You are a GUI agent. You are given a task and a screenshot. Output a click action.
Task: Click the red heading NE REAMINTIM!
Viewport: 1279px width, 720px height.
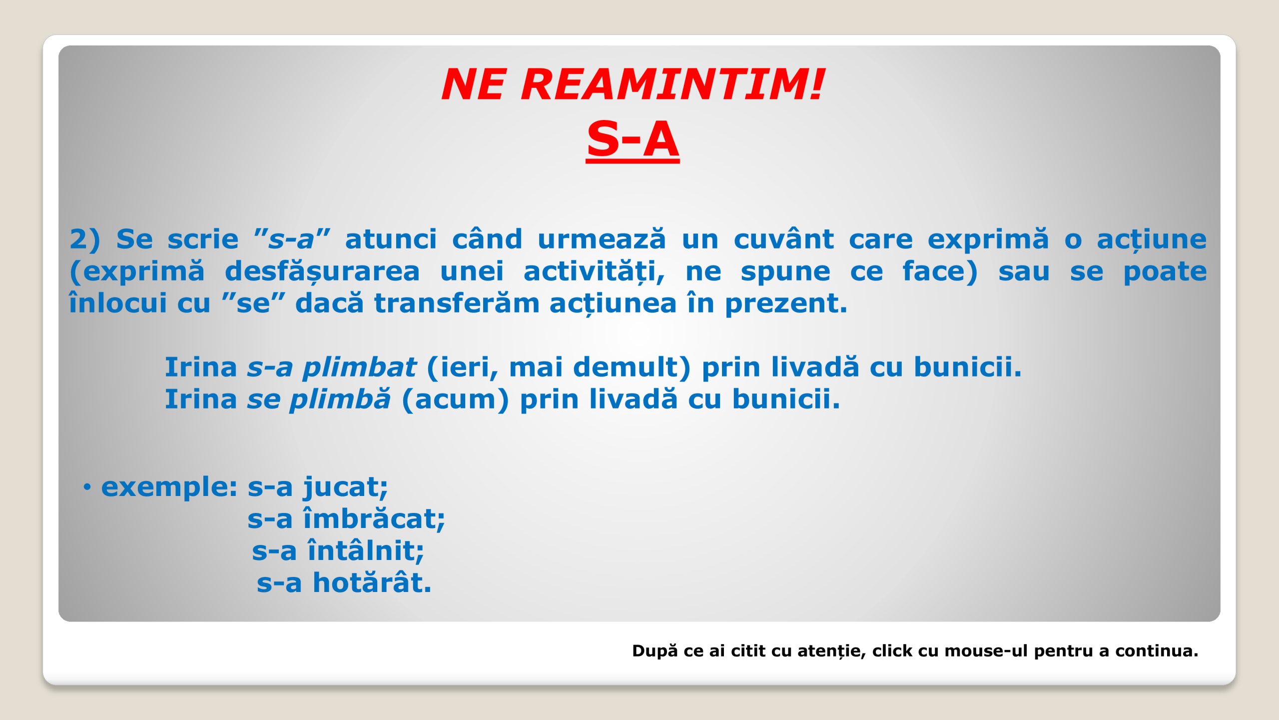633,84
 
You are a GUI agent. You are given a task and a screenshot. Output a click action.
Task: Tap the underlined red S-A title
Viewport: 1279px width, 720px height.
633,139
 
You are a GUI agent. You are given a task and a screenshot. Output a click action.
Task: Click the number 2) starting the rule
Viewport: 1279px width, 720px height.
85,239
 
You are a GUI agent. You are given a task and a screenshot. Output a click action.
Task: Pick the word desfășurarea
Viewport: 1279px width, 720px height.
322,271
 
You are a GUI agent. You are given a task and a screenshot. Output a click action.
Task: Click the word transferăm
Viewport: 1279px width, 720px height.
457,303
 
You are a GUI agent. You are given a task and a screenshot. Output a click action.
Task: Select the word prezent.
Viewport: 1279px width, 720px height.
786,304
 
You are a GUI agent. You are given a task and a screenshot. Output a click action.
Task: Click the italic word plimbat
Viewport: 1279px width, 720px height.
360,367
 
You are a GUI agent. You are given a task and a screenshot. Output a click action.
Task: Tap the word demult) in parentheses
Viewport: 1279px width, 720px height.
632,367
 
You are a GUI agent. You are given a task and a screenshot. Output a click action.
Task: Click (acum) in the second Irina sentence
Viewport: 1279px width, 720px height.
455,399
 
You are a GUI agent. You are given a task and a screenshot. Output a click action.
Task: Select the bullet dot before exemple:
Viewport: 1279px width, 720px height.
87,487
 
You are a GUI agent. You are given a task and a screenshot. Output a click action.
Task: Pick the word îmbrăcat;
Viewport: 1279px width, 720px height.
374,518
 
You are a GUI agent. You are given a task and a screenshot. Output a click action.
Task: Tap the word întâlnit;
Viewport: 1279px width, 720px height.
366,550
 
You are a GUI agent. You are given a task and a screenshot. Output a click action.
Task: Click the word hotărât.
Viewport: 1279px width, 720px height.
372,582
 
